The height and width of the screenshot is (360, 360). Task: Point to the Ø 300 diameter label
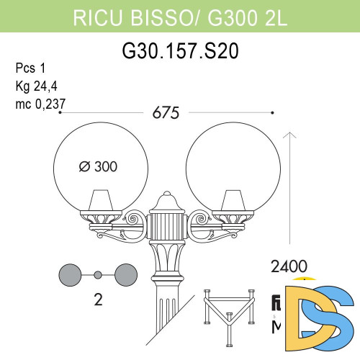coord(96,166)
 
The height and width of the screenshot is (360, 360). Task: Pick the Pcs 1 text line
coord(30,69)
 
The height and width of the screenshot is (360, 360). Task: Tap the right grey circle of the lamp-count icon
coord(124,274)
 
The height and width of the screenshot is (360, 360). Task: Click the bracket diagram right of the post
coord(230,310)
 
